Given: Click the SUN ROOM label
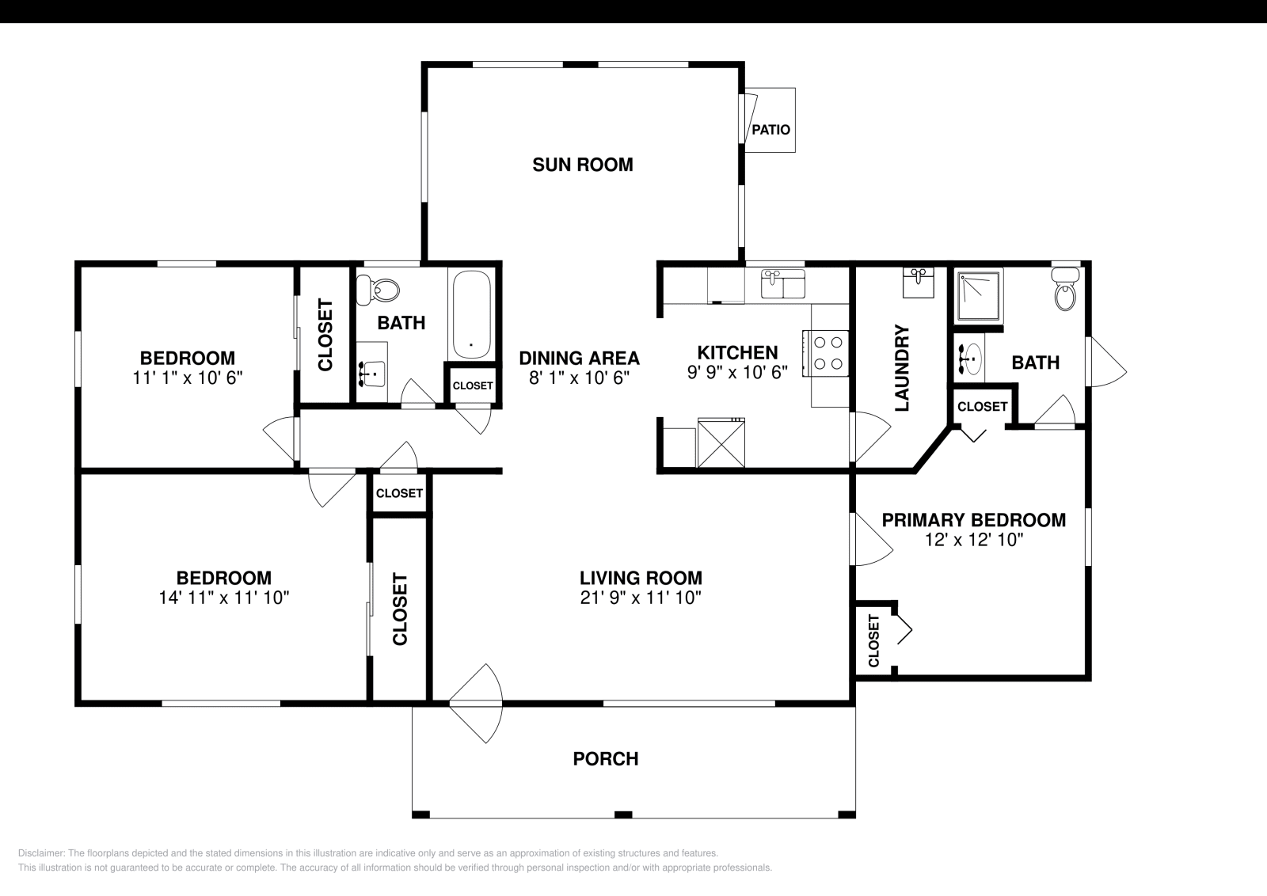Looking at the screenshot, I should point(582,165).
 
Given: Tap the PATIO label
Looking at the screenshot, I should point(770,129).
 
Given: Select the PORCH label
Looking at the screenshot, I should point(606,758).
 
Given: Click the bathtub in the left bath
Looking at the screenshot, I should point(471,314).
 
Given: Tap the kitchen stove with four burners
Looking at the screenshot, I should point(829,353).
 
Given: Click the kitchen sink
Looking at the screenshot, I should point(782,284).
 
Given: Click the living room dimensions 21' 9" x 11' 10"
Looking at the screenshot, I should point(641,598).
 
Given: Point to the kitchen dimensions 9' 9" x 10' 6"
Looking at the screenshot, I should point(737,372).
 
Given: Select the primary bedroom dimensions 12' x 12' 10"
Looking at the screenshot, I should point(974,540).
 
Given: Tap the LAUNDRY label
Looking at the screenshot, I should point(902,368).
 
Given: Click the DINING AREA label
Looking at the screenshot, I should point(579,358).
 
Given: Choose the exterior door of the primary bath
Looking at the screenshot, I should point(1105,362).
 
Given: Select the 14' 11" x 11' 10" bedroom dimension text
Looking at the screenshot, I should point(224,598).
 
